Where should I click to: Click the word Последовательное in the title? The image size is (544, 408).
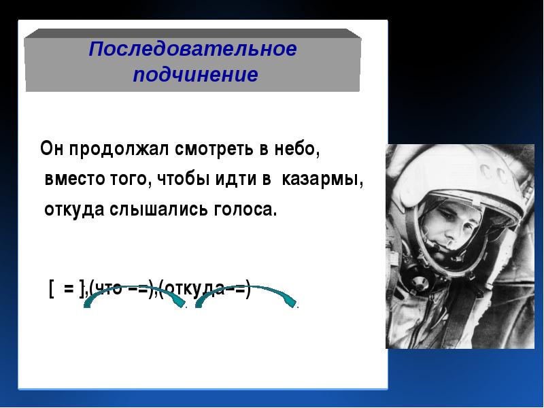point(192,49)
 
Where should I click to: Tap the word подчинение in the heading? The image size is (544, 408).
point(196,75)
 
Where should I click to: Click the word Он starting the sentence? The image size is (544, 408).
point(52,148)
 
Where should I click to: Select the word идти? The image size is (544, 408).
point(235,179)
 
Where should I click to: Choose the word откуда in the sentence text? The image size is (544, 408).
point(74,209)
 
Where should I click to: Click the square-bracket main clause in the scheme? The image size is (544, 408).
point(67,289)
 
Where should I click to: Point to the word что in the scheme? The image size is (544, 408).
point(108,288)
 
